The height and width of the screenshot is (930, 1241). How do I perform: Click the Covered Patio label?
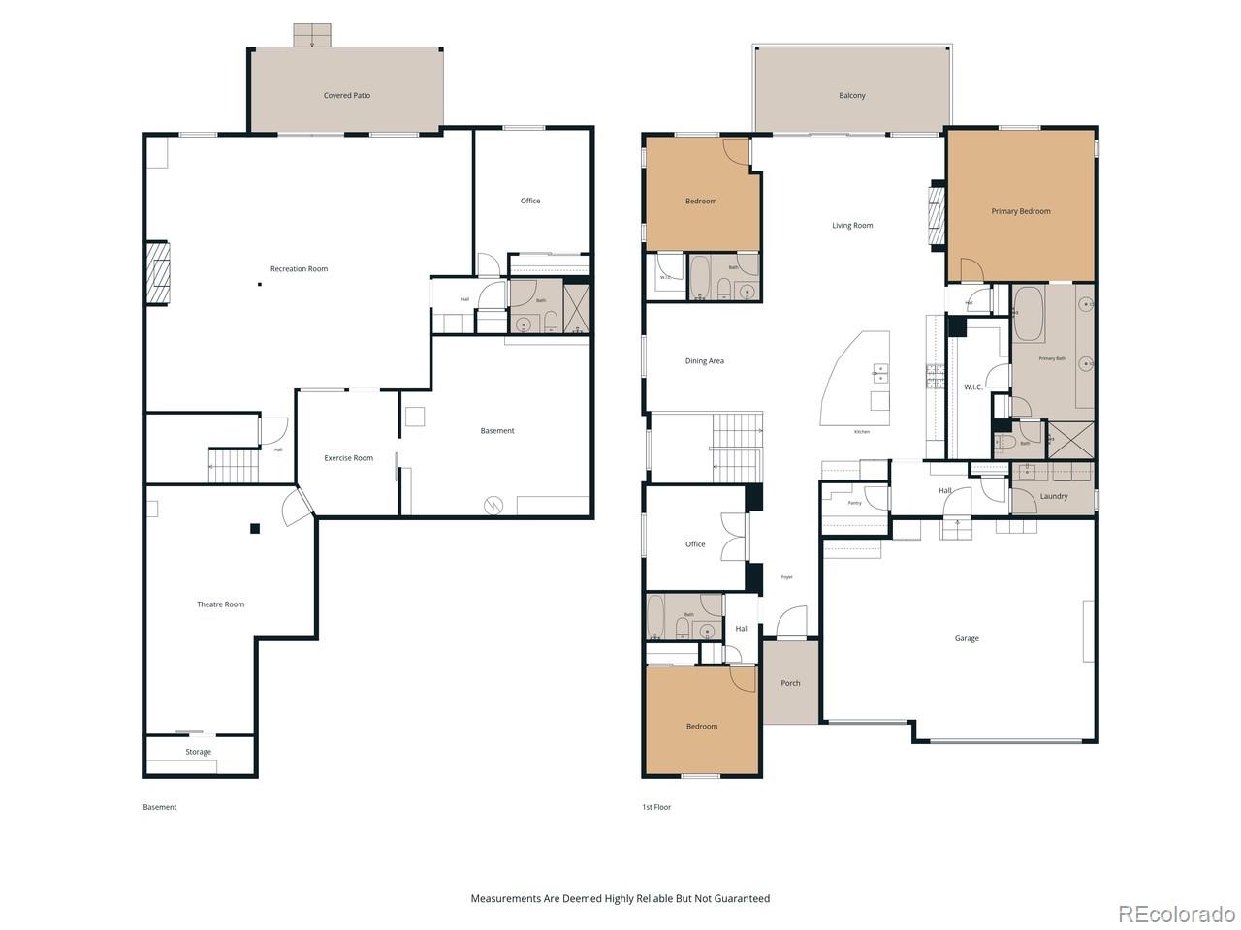346,96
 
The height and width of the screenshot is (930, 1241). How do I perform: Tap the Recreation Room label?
299,269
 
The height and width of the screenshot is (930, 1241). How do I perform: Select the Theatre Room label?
220,604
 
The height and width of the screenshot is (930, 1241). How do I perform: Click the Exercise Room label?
348,458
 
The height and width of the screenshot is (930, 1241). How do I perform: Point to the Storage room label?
198,752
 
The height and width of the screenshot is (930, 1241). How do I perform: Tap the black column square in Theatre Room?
255,528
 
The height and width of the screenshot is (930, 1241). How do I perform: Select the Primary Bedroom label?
1020,211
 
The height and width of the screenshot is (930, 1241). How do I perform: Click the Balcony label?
851,96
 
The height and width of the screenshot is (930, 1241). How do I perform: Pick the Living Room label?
851,226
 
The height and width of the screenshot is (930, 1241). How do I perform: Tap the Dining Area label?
704,361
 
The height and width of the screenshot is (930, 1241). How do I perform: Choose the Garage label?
966,638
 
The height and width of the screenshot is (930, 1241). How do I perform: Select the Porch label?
790,683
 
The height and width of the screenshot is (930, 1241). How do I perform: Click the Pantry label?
854,503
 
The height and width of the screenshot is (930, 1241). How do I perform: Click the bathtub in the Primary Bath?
1028,313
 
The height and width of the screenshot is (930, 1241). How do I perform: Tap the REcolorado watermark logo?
1176,914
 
